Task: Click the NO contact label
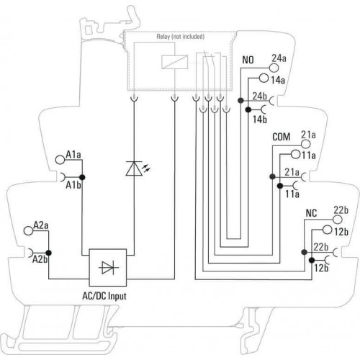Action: [x=248, y=60]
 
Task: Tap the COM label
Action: [x=282, y=137]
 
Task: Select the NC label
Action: [x=311, y=213]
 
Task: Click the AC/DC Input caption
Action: [x=104, y=296]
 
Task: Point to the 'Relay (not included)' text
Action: [x=181, y=37]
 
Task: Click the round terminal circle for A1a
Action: [x=60, y=160]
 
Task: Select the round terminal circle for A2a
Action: [x=28, y=230]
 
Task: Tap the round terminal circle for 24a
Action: [x=274, y=68]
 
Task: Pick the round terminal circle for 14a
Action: [x=264, y=78]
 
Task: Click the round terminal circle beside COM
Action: [x=305, y=144]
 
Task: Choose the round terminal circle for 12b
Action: [x=327, y=230]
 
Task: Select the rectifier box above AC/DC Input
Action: [x=108, y=267]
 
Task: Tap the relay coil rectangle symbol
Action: [x=174, y=62]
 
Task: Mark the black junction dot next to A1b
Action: [x=82, y=177]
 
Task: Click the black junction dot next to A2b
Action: [x=49, y=253]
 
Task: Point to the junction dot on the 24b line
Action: [x=240, y=100]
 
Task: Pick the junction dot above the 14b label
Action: [x=248, y=109]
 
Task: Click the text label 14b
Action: [x=260, y=120]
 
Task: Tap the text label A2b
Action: [x=40, y=259]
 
